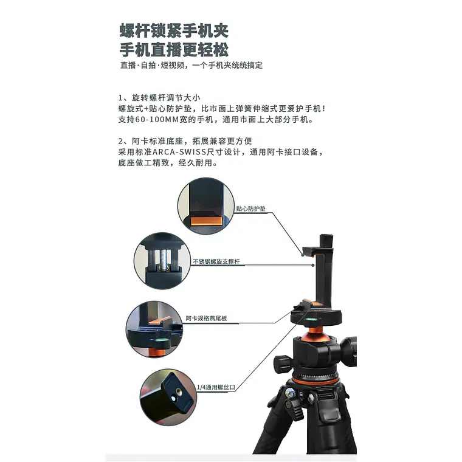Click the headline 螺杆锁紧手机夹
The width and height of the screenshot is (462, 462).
pyautogui.click(x=174, y=31)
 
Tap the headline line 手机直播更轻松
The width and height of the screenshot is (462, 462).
pyautogui.click(x=174, y=49)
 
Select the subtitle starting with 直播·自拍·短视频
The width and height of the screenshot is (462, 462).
pyautogui.click(x=191, y=65)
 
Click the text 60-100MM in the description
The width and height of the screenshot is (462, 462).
pyautogui.click(x=157, y=119)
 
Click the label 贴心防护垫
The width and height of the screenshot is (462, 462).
pyautogui.click(x=250, y=209)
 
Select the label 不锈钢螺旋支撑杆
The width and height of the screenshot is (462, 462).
pyautogui.click(x=216, y=261)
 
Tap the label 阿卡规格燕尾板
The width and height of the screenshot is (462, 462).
pyautogui.click(x=206, y=318)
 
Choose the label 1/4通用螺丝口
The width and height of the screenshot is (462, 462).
pyautogui.click(x=216, y=387)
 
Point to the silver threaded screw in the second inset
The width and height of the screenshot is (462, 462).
pyautogui.click(x=164, y=259)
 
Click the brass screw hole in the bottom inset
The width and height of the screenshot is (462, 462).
pyautogui.click(x=179, y=392)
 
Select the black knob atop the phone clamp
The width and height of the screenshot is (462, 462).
pyautogui.click(x=326, y=241)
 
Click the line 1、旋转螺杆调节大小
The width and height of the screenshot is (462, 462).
pyautogui.click(x=159, y=97)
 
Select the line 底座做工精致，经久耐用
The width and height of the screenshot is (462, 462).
pyautogui.click(x=168, y=163)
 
